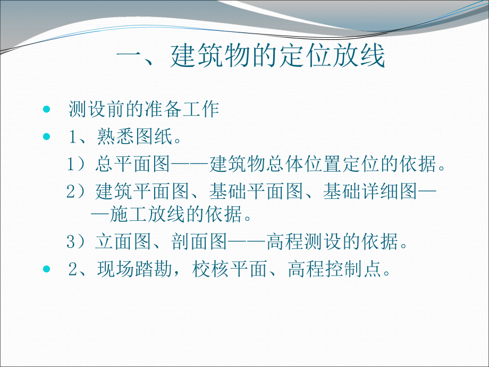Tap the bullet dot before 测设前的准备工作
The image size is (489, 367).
46,110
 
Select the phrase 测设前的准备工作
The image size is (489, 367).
144,110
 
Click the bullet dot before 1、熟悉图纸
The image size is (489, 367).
46,137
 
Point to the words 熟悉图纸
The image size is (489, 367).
135,137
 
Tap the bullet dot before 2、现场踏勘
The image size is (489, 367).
46,270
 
